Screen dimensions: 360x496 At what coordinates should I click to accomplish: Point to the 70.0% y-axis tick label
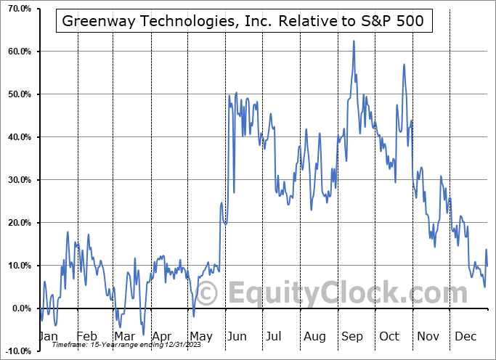[17, 9]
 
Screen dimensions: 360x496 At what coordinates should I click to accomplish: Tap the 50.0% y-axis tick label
[17, 94]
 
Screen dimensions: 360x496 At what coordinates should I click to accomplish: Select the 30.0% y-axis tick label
[17, 180]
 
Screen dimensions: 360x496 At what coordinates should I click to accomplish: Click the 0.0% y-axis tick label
[18, 308]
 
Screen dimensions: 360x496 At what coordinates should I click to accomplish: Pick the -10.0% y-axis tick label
[16, 351]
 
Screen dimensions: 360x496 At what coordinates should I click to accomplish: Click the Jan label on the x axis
[49, 337]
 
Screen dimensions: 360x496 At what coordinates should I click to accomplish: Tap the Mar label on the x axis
[123, 337]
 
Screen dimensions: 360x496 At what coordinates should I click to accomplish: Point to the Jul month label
[274, 337]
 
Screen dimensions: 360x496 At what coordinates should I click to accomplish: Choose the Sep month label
[351, 337]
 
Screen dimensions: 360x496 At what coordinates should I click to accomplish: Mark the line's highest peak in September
[354, 41]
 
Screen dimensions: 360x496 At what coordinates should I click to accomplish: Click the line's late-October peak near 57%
[403, 65]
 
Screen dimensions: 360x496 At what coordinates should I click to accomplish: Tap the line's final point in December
[487, 266]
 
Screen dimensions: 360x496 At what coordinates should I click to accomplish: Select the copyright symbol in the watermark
[208, 294]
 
